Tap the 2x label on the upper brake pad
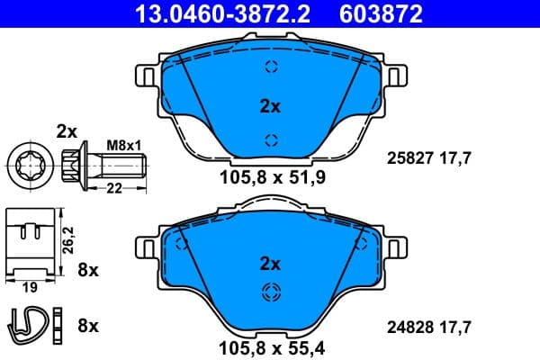[270, 106]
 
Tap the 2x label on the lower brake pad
[270, 264]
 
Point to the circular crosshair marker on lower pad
[270, 292]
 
